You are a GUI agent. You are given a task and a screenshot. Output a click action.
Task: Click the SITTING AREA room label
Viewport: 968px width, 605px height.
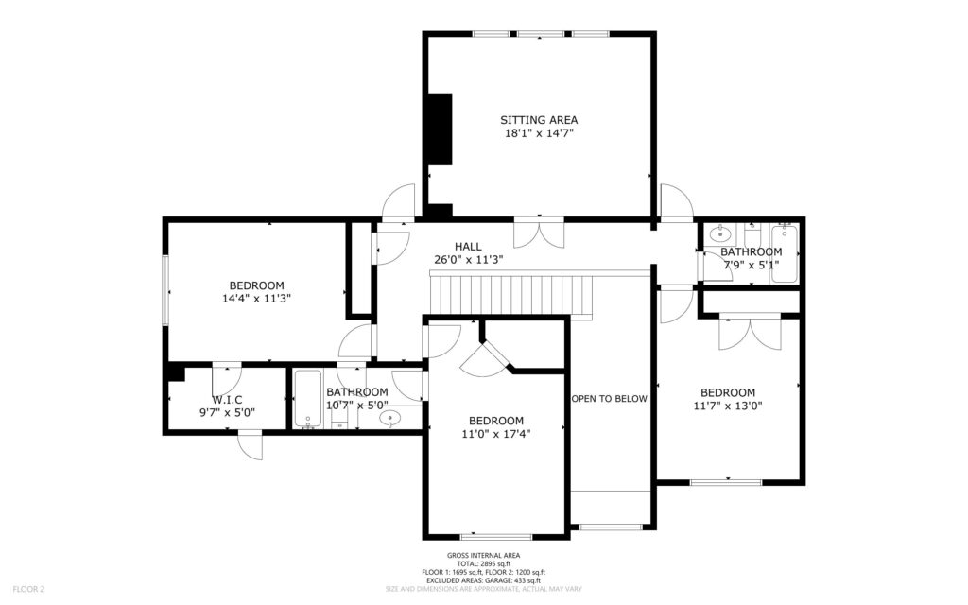click(539, 120)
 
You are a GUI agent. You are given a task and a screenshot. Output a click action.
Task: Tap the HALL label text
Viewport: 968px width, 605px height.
click(468, 247)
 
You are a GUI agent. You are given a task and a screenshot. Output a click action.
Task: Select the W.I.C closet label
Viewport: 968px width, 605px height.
click(227, 400)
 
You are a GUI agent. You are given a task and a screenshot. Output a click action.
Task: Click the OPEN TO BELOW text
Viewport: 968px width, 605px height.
click(610, 399)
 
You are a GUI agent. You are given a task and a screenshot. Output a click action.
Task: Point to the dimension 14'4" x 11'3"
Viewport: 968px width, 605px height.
click(257, 299)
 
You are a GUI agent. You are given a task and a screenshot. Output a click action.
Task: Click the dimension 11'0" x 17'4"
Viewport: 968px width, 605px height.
click(496, 433)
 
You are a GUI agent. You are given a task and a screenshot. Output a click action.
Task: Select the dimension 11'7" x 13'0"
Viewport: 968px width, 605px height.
click(728, 406)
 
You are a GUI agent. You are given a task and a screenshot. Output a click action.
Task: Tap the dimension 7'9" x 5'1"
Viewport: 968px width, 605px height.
click(752, 265)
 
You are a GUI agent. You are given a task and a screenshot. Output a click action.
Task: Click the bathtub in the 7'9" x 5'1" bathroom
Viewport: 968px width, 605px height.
click(784, 253)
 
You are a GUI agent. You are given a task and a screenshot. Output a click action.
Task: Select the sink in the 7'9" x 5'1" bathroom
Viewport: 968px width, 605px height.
click(720, 234)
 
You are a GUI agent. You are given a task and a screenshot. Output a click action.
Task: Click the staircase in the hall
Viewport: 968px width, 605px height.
click(511, 295)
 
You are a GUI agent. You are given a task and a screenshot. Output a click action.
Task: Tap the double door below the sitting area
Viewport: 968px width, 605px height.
click(539, 233)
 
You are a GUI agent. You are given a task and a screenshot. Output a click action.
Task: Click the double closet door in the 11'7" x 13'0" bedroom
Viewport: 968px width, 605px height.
click(750, 332)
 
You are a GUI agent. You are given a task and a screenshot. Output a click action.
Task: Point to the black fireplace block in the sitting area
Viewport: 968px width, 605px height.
click(441, 129)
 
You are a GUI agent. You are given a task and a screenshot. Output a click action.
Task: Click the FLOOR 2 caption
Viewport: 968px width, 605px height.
click(28, 590)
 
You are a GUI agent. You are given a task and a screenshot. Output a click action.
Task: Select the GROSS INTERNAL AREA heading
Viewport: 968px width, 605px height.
click(483, 556)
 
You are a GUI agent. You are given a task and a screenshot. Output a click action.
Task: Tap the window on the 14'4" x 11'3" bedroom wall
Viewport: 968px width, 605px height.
click(165, 289)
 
